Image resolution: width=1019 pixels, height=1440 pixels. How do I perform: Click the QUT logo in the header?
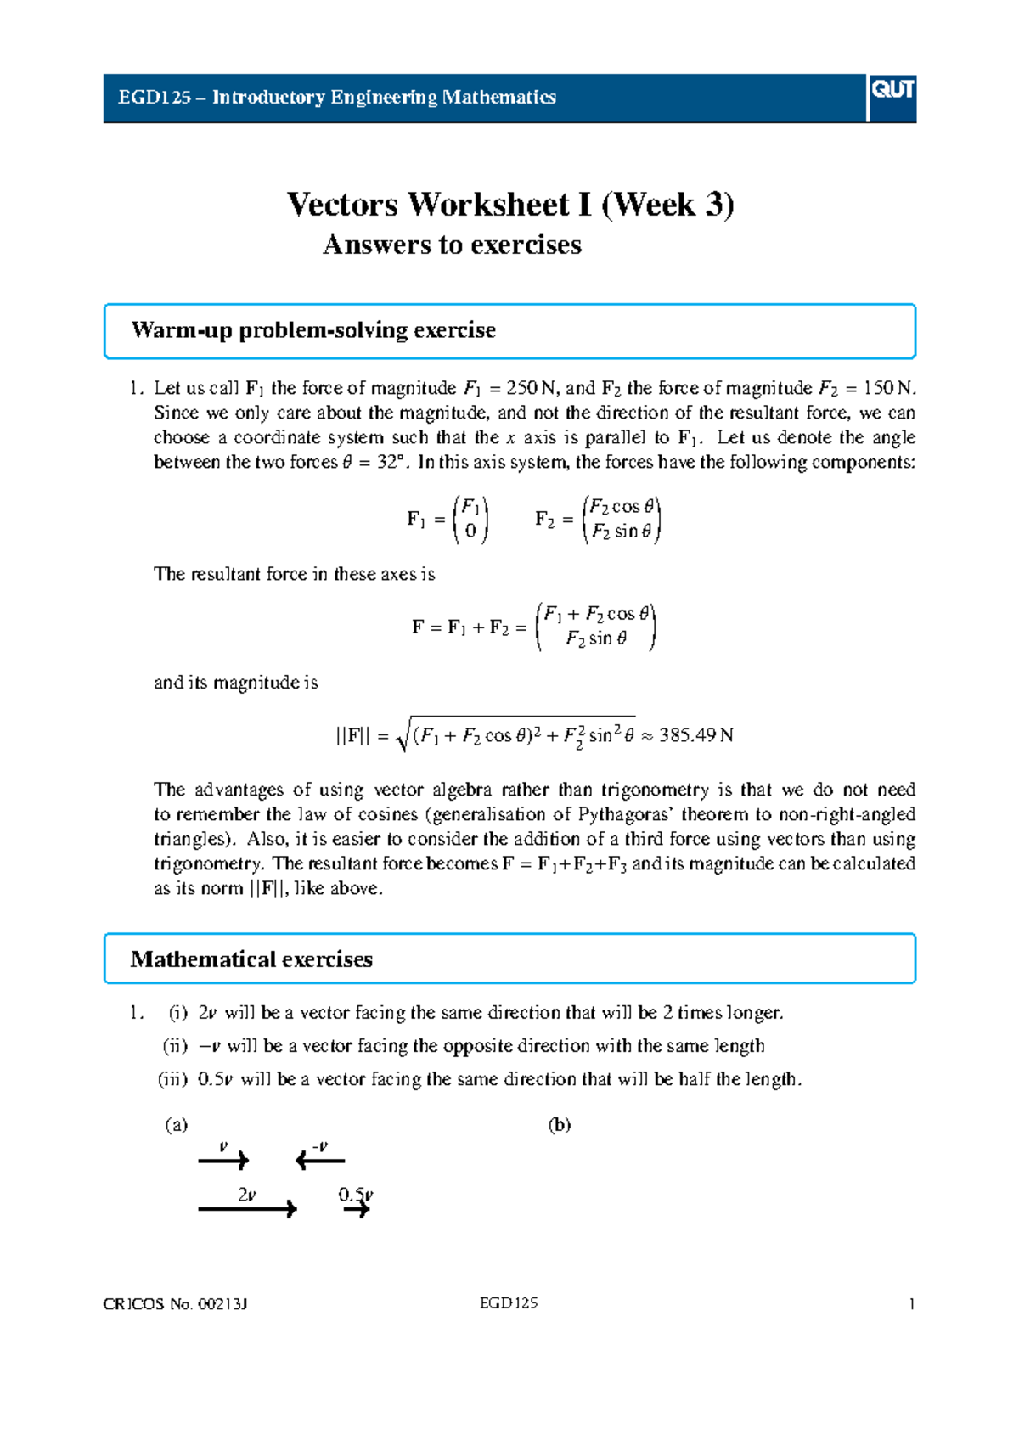click(892, 90)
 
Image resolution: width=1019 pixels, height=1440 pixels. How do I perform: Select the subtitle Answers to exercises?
click(452, 245)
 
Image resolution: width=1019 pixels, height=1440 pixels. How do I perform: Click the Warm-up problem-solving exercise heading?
click(313, 330)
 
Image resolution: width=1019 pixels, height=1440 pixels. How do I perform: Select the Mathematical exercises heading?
click(251, 959)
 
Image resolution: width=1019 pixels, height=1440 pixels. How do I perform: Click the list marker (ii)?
click(175, 1046)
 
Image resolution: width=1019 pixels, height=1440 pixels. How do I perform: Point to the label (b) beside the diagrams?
click(559, 1126)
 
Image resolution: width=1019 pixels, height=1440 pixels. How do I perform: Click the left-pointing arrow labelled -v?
click(319, 1160)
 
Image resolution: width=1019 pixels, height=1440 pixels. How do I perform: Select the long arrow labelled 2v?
click(247, 1208)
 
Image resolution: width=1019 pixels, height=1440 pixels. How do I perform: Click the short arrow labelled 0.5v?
click(357, 1208)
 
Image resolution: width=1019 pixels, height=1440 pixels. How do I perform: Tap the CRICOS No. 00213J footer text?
click(175, 1304)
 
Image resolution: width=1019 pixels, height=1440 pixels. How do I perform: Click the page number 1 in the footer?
click(911, 1304)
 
